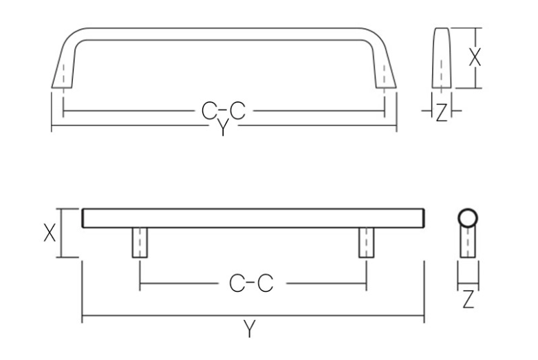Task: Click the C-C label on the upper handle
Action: click(223, 110)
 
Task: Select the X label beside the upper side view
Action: click(474, 58)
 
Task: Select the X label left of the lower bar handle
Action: click(50, 233)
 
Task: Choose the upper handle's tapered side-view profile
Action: click(441, 59)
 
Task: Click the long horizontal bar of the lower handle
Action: click(252, 218)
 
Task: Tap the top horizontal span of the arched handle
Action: click(224, 34)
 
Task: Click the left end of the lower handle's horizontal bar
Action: click(85, 218)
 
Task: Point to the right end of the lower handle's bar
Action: click(421, 218)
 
